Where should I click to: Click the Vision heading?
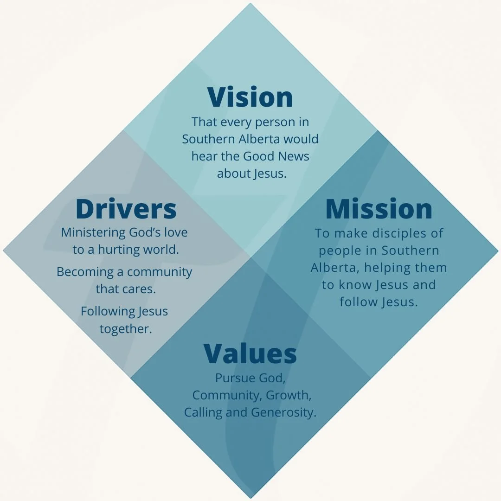(x=250, y=97)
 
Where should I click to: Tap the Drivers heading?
(x=126, y=209)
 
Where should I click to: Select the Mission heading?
(x=379, y=209)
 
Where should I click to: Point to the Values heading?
(x=250, y=353)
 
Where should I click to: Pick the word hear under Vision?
(x=205, y=156)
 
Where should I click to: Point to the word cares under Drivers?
(x=139, y=289)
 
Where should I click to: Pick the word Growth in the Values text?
(x=288, y=395)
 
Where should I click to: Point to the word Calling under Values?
(x=203, y=412)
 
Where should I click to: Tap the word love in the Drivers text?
(x=175, y=232)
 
